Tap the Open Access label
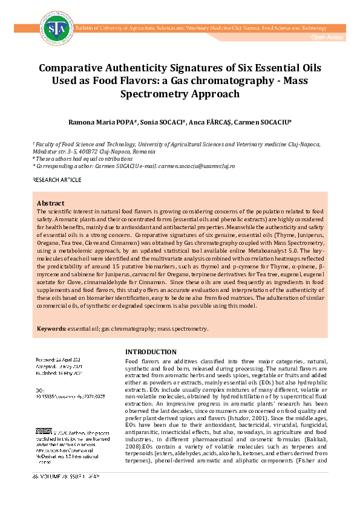click(x=327, y=37)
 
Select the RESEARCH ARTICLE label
click(x=56, y=180)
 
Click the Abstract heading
click(x=51, y=203)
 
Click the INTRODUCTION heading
click(x=150, y=352)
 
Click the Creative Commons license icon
click(x=44, y=431)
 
